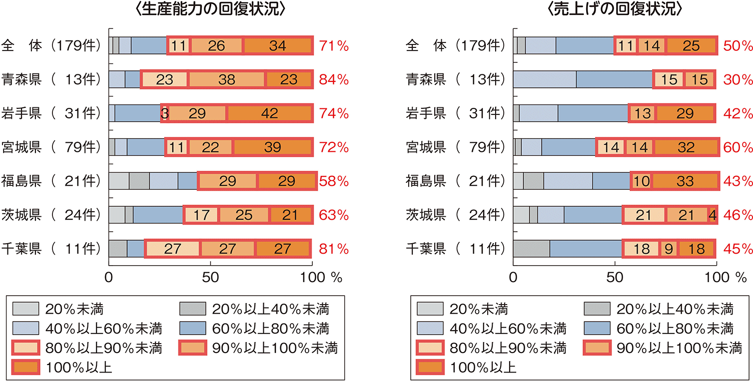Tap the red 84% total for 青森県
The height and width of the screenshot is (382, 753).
pos(334,80)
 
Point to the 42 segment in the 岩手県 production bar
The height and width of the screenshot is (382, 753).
pos(270,113)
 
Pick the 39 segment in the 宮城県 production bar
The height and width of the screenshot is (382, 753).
pos(272,147)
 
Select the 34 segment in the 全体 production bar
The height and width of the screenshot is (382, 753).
pos(277,46)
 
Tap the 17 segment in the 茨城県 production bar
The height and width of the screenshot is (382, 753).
pos(201,215)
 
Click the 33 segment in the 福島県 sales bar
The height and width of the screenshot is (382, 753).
pos(684,181)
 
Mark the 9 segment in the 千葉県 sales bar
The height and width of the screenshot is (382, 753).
pos(668,249)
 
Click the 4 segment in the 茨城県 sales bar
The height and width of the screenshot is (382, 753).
pos(713,215)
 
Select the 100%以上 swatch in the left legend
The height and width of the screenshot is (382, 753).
pos(25,368)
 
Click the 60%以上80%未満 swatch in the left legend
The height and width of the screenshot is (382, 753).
pos(192,328)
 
